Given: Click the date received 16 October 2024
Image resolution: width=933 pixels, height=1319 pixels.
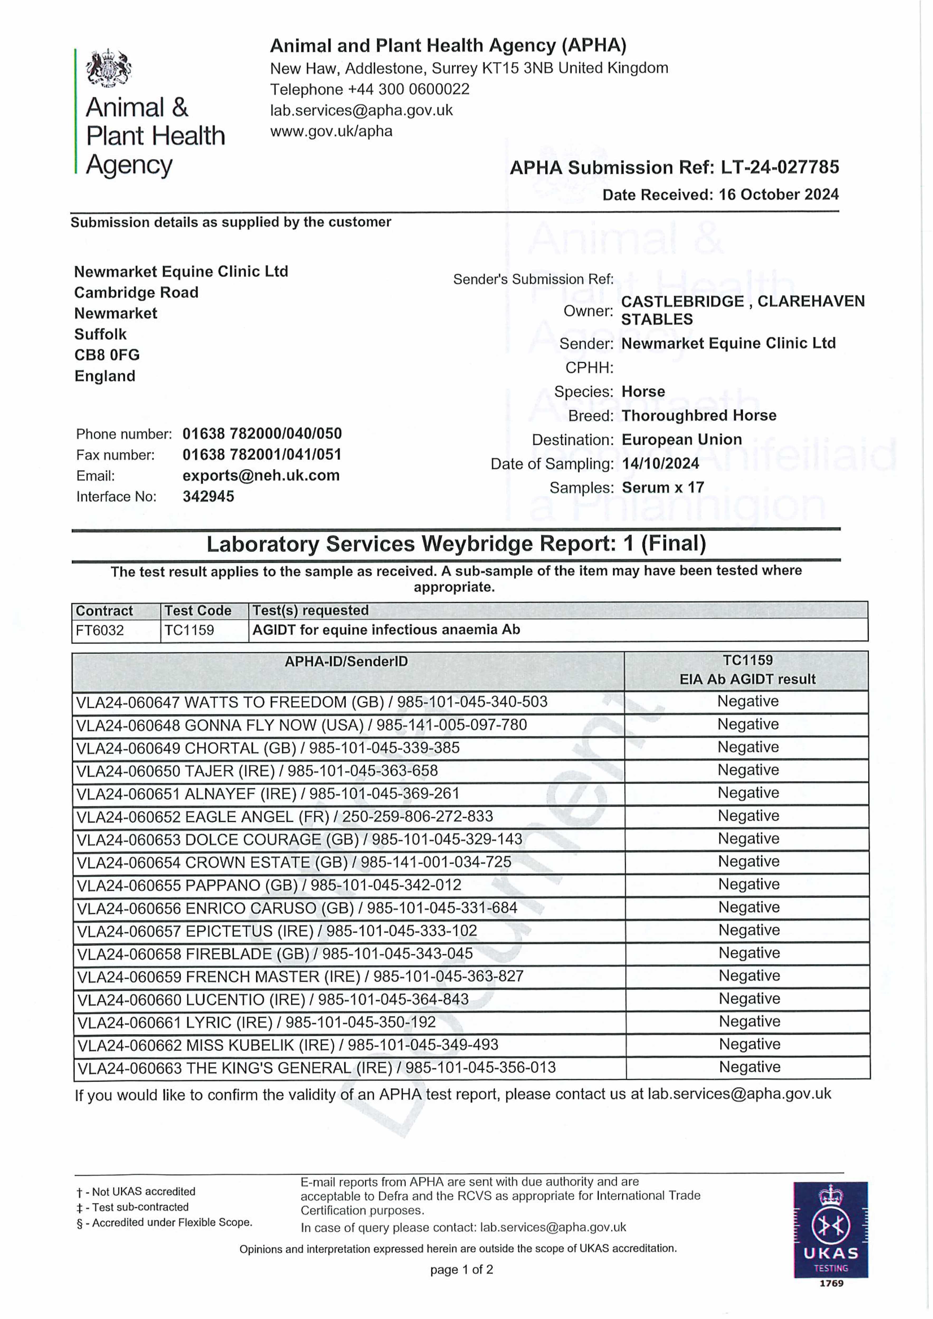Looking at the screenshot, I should [778, 195].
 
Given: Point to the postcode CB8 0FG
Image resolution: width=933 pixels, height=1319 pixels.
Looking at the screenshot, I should [107, 355].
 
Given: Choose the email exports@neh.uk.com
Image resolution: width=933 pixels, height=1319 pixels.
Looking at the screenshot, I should [261, 476].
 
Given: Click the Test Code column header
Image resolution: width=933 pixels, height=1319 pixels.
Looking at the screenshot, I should [198, 611].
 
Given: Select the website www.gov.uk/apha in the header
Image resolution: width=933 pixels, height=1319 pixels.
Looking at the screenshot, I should [331, 132].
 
